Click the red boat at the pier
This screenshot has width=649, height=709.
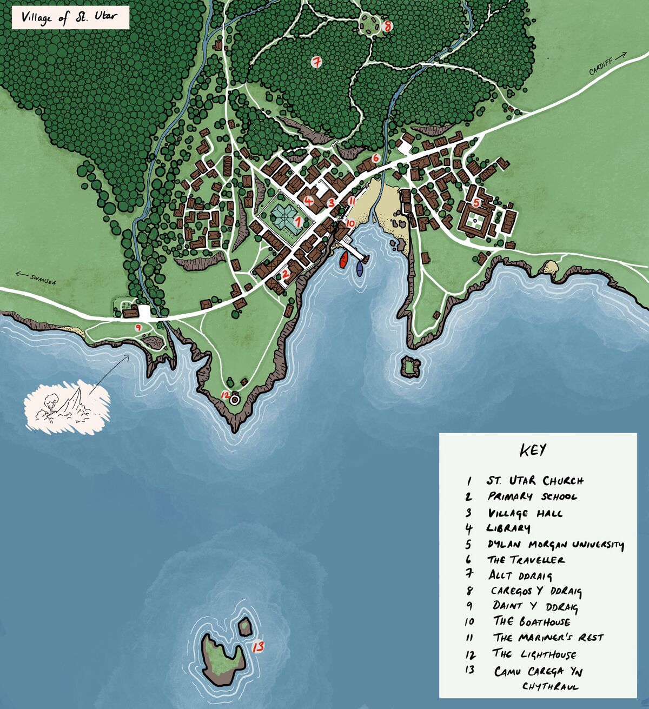pos(343,260)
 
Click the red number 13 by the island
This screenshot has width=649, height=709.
pos(258,646)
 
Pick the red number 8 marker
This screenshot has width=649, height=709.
pos(387,25)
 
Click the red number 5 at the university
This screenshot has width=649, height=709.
pos(476,203)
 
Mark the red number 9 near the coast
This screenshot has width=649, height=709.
pos(138,327)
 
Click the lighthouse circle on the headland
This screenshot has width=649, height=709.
pos(235,400)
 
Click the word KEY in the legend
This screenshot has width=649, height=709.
pos(533,450)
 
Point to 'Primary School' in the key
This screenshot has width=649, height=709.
pos(532,496)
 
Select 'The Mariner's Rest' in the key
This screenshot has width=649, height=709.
pos(547,638)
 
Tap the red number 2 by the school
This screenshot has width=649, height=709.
pos(286,274)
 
